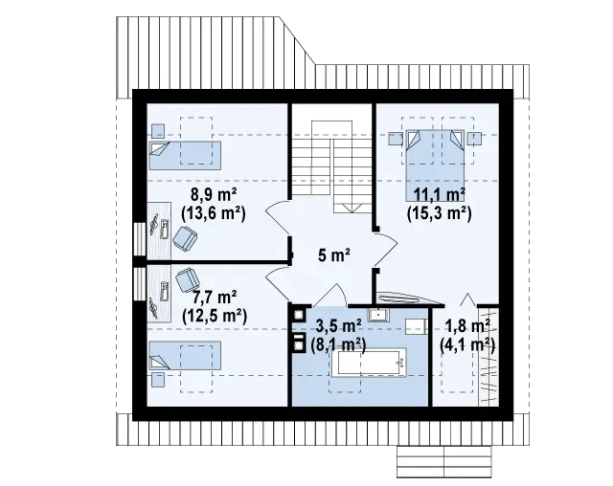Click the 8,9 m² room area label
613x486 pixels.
coord(214,194)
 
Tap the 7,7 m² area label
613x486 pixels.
coord(215,298)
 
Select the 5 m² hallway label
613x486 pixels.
coord(334,255)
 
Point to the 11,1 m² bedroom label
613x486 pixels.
coord(440,194)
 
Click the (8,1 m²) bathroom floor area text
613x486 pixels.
coord(338,344)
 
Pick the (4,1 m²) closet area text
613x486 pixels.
coord(467,345)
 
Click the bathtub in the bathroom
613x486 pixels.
coord(369,363)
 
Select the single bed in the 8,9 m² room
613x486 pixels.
coord(185,155)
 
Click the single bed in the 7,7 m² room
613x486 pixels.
coord(185,356)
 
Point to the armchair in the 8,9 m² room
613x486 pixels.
coord(185,238)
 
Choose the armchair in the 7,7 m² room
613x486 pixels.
coord(188,280)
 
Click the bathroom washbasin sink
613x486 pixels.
coord(378,314)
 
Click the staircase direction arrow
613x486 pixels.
coord(352,208)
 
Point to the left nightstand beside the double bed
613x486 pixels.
coord(395,139)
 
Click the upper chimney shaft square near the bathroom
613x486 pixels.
coord(300,315)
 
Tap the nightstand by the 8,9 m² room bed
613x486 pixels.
coord(158,131)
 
